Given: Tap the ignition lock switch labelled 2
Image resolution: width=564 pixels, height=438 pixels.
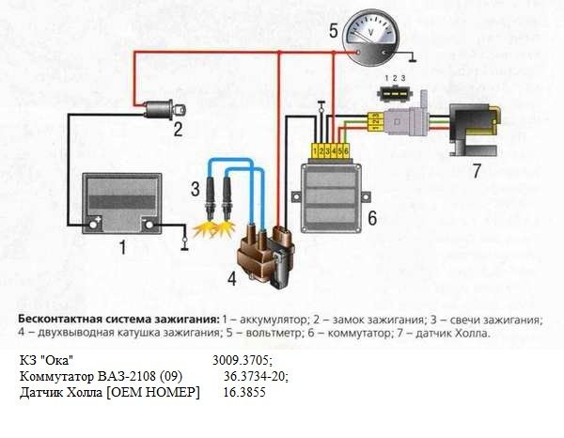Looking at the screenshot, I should (151, 108).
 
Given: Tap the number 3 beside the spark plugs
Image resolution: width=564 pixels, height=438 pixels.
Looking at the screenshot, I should (196, 189).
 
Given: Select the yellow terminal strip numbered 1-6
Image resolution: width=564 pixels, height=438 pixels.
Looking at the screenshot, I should (330, 150).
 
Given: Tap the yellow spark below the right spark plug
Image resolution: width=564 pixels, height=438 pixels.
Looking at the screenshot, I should (226, 228).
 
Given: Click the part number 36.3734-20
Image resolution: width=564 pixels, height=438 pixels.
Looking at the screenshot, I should (256, 376).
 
